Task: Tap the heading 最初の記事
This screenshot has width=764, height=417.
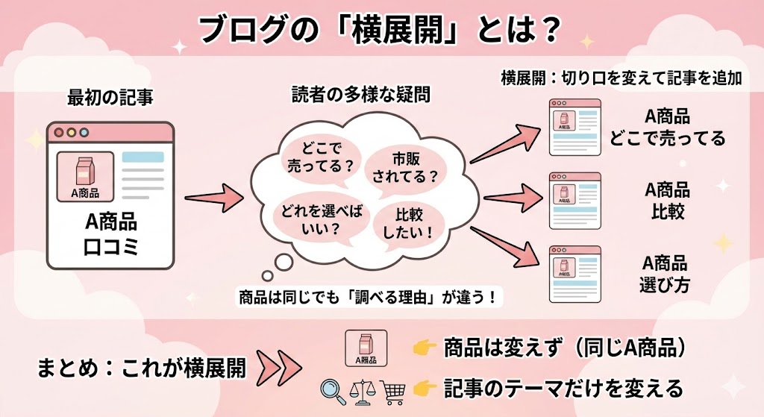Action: [x=110, y=98]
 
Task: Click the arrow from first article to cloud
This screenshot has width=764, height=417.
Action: [x=213, y=196]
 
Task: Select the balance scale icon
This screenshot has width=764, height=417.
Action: [x=363, y=392]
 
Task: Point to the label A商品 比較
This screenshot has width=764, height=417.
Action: [x=667, y=201]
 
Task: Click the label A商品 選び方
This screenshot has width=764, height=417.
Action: [x=665, y=274]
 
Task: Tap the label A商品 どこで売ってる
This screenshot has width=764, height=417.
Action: [x=668, y=128]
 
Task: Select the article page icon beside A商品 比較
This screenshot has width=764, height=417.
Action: [x=575, y=201]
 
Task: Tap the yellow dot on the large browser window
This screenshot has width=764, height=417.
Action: [x=72, y=133]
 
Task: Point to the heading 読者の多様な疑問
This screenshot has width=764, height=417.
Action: [x=361, y=95]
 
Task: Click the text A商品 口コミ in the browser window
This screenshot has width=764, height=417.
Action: [x=110, y=233]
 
